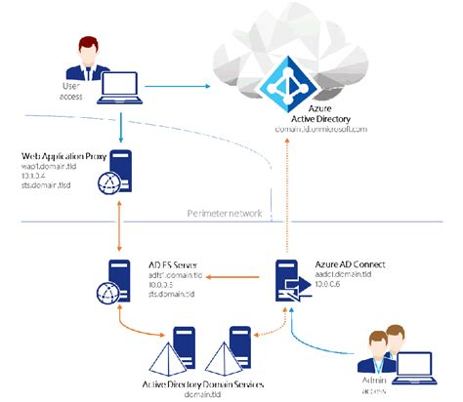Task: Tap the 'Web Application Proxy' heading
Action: (60, 156)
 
